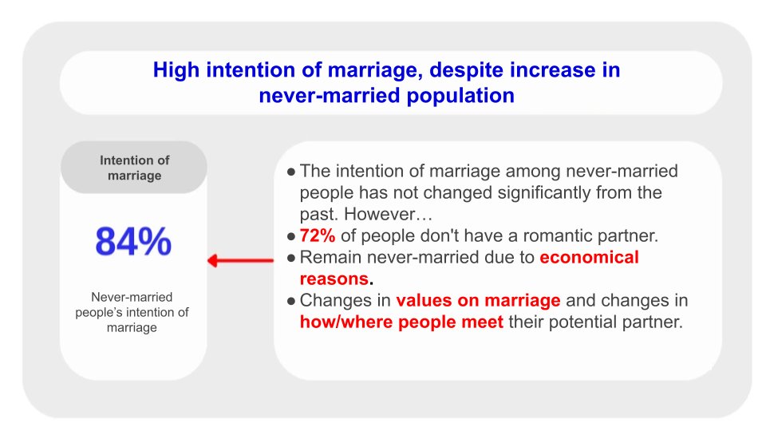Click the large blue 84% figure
click(133, 242)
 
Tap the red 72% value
click(318, 236)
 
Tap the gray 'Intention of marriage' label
click(134, 168)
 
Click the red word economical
click(589, 258)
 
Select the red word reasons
click(333, 279)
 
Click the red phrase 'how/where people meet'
click(401, 322)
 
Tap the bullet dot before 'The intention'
click(291, 172)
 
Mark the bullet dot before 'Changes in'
click(291, 301)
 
